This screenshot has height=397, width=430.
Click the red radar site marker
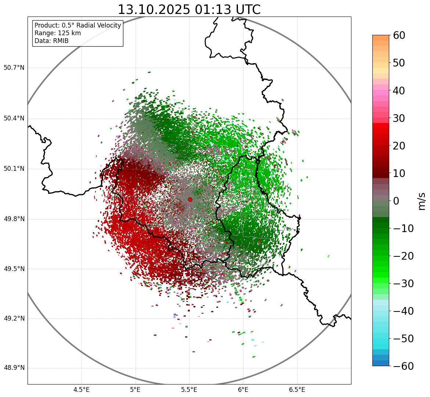tap(190, 199)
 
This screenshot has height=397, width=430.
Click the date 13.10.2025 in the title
tap(154, 10)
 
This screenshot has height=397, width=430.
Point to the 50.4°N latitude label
tap(14, 118)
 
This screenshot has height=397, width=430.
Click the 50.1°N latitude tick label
tap(14, 169)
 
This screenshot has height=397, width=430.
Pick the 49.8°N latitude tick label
tap(14, 219)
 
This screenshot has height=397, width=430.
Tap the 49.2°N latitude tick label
tap(14, 318)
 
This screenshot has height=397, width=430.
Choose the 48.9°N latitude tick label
tap(14, 368)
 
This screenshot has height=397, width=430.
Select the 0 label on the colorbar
tap(396, 201)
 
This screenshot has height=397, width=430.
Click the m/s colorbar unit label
tap(422, 201)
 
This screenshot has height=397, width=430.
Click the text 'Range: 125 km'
tap(58, 33)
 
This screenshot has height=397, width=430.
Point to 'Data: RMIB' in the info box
tap(51, 41)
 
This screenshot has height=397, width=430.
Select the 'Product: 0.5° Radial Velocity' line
tap(77, 25)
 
